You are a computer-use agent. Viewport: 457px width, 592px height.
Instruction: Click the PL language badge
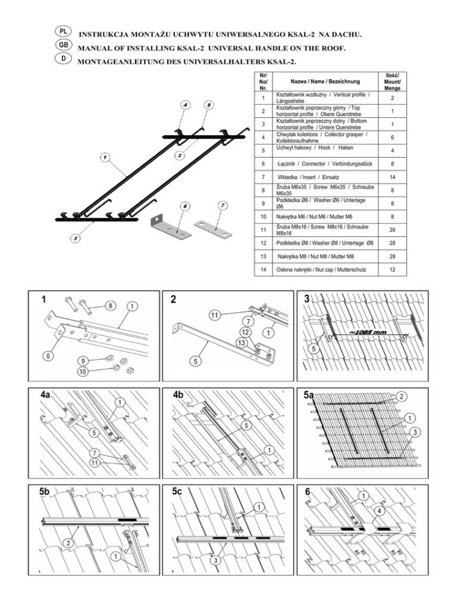[63, 32]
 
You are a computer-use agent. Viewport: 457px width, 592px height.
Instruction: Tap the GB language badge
[63, 45]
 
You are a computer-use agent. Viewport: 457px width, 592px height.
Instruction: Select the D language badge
[63, 58]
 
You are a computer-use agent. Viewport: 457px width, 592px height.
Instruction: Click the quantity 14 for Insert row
[393, 177]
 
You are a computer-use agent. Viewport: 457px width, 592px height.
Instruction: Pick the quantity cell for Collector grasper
[393, 138]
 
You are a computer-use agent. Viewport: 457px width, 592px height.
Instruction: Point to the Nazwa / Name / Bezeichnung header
[325, 81]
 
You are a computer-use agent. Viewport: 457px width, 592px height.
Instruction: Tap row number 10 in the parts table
[264, 217]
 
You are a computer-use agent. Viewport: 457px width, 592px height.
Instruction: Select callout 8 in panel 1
[110, 306]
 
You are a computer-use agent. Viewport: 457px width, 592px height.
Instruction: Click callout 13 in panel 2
[242, 343]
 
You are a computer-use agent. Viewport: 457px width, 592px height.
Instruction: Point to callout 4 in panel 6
[379, 511]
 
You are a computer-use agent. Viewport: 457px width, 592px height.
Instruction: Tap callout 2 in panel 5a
[402, 396]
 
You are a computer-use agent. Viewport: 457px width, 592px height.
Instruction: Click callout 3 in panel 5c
[215, 560]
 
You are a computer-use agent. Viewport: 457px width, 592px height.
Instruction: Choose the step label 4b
[179, 394]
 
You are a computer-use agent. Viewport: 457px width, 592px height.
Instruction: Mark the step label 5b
[45, 491]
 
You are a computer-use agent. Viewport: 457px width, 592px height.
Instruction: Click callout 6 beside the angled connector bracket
[185, 206]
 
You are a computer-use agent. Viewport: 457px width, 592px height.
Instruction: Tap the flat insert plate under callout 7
[213, 229]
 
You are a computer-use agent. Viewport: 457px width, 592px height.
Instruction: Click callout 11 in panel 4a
[95, 462]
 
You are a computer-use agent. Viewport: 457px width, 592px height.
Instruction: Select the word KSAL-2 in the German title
[280, 62]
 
